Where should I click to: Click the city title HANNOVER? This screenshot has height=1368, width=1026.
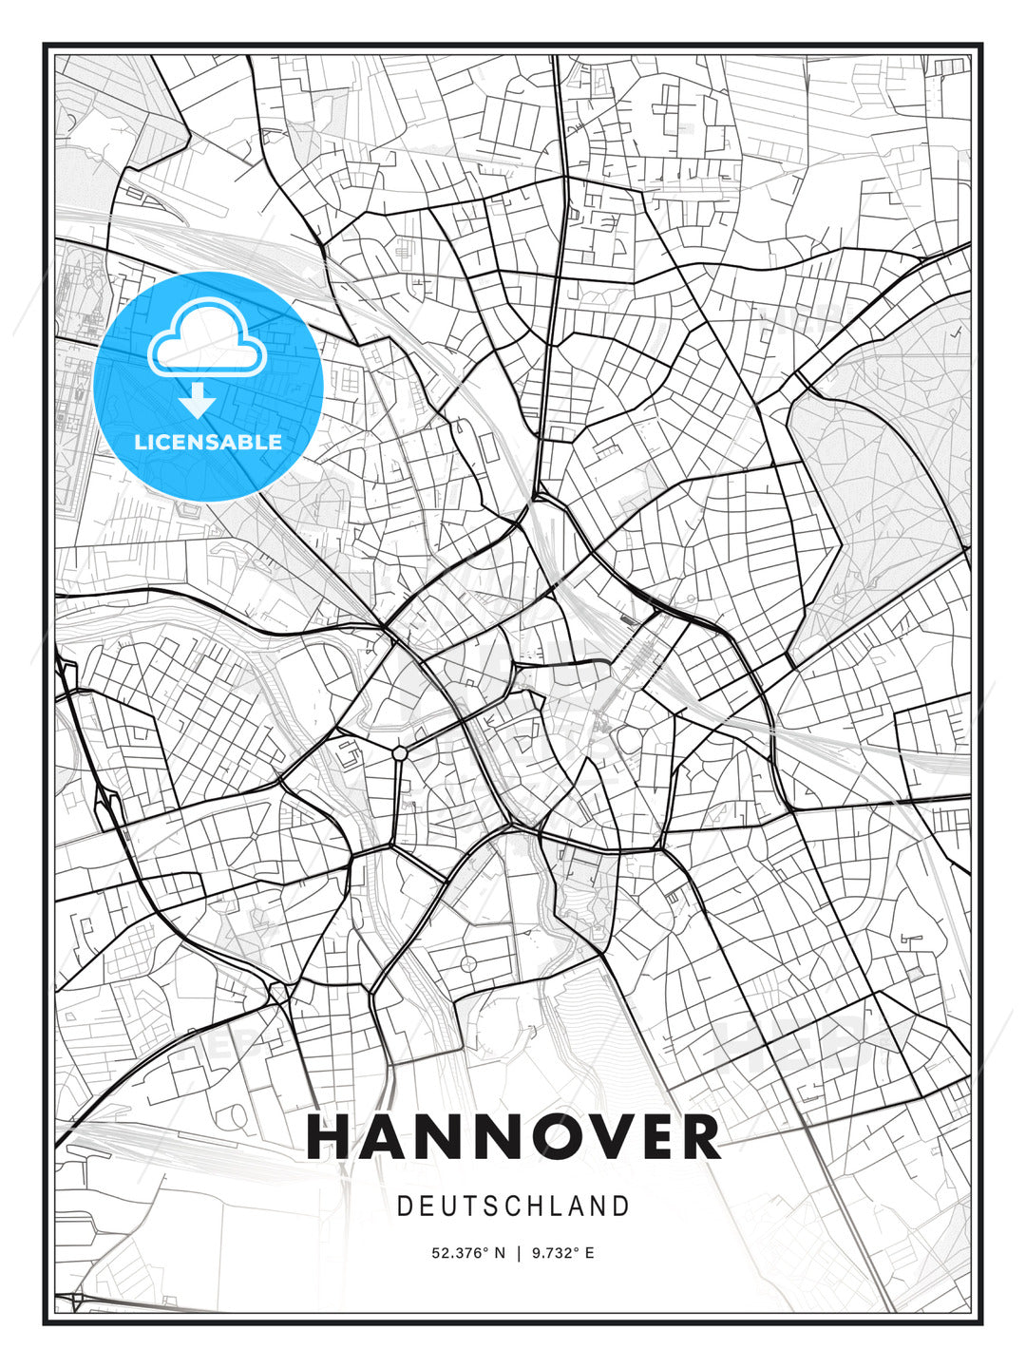point(513,1137)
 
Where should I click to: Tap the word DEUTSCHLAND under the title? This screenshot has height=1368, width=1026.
point(513,1206)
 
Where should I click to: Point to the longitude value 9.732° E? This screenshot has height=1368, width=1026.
point(563,1253)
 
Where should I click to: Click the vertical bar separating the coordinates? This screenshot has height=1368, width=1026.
point(519,1253)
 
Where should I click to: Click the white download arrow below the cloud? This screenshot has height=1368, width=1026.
point(198,401)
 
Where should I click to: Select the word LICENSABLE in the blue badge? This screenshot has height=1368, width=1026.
point(208,442)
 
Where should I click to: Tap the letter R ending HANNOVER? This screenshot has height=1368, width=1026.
point(698,1137)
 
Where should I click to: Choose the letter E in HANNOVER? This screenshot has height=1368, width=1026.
point(640,1137)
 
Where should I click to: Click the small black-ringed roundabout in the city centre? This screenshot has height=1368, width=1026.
point(400,753)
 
